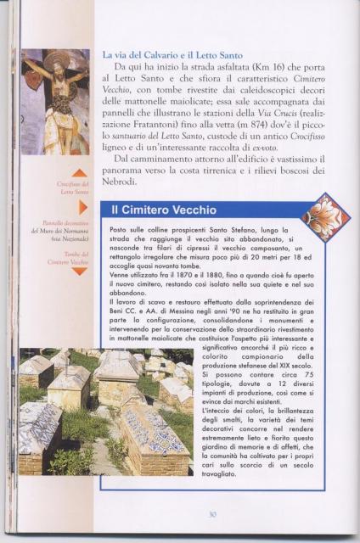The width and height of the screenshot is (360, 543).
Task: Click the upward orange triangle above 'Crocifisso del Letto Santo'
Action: [79, 173]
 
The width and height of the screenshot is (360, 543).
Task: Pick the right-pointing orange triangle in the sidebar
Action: [83, 207]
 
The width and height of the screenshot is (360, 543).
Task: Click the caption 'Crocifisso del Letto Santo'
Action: [73, 188]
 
